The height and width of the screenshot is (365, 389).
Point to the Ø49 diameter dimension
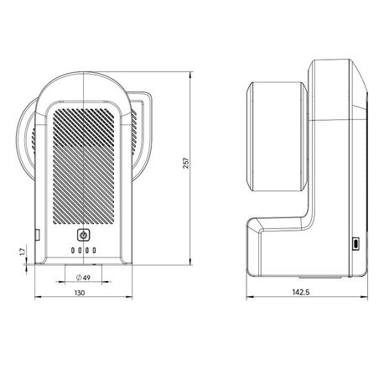click(83, 277)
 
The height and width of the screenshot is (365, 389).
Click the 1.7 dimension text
click(21, 250)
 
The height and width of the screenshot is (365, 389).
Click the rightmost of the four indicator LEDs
click(94, 251)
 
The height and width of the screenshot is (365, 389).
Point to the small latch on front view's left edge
click(35, 232)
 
